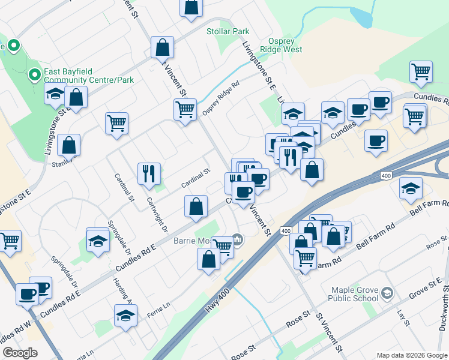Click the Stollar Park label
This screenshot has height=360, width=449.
[228, 31]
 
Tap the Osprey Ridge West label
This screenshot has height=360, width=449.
[280, 46]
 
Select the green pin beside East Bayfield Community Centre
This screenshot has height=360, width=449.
[35, 75]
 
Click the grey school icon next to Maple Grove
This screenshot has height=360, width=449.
[387, 293]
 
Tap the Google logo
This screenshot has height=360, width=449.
[20, 353]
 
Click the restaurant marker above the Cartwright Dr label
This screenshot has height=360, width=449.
[148, 173]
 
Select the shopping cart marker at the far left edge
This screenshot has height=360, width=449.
[10, 241]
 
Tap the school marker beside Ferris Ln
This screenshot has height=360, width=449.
[125, 314]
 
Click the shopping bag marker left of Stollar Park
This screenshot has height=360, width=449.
[163, 47]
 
